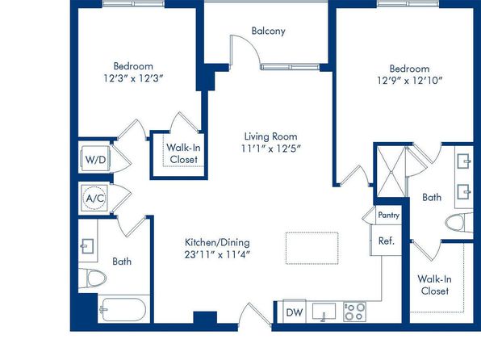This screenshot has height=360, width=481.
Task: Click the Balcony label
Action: [269, 31]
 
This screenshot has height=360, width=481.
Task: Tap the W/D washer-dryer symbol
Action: [95, 159]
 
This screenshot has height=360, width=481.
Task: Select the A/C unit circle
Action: [94, 199]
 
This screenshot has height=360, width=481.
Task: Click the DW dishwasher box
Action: [295, 312]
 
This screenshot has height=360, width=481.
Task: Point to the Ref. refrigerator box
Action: [387, 241]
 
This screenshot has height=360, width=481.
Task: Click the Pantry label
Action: [389, 215]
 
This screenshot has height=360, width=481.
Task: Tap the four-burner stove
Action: [354, 312]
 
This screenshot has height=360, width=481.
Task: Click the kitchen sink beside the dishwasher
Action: [324, 312]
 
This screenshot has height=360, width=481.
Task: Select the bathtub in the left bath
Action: [123, 310]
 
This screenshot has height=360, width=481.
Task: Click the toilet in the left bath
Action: [92, 278]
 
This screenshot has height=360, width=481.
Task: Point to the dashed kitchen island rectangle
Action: [312, 249]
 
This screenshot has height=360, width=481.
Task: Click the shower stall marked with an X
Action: [391, 172]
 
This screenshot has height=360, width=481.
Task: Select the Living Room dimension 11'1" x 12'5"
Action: [270, 149]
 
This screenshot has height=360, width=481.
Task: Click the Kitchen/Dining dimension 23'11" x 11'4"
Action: [217, 255]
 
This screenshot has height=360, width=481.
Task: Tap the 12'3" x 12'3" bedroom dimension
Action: [132, 78]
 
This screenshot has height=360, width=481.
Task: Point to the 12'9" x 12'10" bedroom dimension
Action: [409, 81]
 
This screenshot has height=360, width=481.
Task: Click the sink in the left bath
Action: [87, 246]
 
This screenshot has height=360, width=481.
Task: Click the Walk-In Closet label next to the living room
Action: [183, 153]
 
